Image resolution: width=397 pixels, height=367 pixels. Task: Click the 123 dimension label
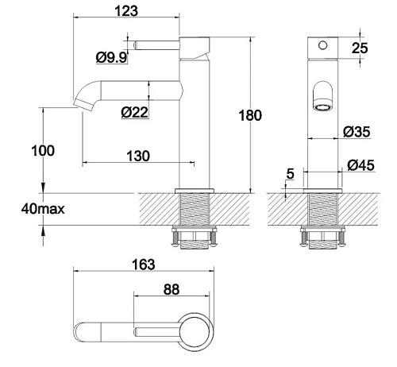126,11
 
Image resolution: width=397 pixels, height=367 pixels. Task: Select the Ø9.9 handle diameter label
111,57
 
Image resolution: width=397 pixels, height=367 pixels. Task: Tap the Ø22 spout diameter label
134,112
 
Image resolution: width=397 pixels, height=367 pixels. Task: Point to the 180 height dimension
250,115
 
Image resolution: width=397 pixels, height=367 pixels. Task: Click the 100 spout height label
43,151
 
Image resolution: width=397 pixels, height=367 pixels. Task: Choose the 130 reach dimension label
138,156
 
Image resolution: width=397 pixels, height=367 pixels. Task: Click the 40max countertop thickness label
43,209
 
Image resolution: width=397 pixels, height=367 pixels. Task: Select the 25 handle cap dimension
360,48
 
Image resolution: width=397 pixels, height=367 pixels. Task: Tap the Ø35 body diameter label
357,132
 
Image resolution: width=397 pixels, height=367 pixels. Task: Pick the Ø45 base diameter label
360,165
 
